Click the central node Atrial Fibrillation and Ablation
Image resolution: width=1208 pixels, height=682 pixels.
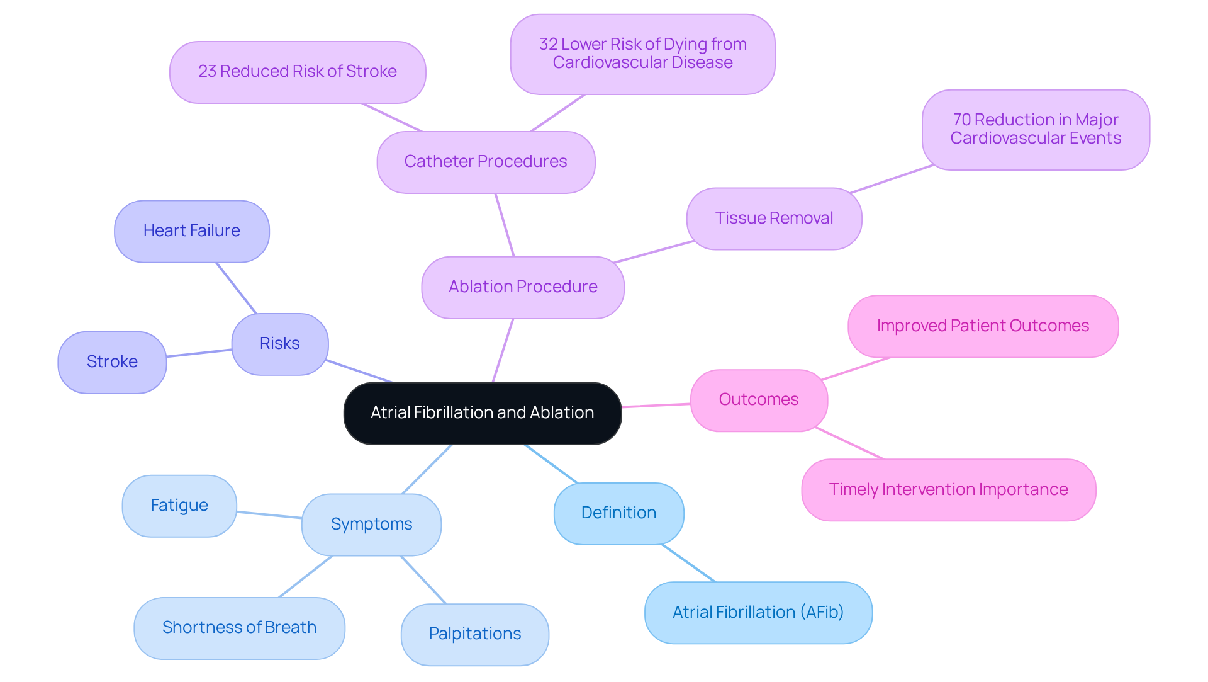tap(482, 413)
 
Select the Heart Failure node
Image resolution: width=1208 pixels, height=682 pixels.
tap(192, 231)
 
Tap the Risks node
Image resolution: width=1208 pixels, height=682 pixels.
tap(280, 344)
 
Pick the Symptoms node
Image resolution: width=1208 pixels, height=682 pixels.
tap(371, 525)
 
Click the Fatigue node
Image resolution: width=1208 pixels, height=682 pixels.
tap(179, 506)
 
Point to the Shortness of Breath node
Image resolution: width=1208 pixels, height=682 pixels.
tap(239, 628)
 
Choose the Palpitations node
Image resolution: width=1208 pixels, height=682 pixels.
tap(474, 634)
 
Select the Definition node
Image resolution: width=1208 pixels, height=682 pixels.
tap(618, 513)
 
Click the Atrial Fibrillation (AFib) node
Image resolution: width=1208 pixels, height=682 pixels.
tap(758, 613)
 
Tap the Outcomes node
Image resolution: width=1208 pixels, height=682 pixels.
tap(759, 400)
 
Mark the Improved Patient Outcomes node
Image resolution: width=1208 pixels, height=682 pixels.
tap(983, 326)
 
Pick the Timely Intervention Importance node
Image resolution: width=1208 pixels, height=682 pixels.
tap(948, 490)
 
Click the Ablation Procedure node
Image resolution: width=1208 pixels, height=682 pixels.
tap(523, 287)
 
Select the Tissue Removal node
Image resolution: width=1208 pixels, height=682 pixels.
tap(774, 219)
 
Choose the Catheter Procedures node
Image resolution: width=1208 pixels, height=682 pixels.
tap(486, 162)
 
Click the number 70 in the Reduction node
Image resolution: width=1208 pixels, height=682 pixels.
tap(962, 120)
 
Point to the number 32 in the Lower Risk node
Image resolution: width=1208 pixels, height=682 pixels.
tap(549, 44)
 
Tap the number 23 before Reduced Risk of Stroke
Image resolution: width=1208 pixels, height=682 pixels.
tap(207, 71)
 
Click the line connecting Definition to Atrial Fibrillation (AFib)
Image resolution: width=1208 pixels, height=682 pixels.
tap(688, 563)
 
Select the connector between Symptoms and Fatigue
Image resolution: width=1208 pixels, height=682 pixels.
tap(269, 515)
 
